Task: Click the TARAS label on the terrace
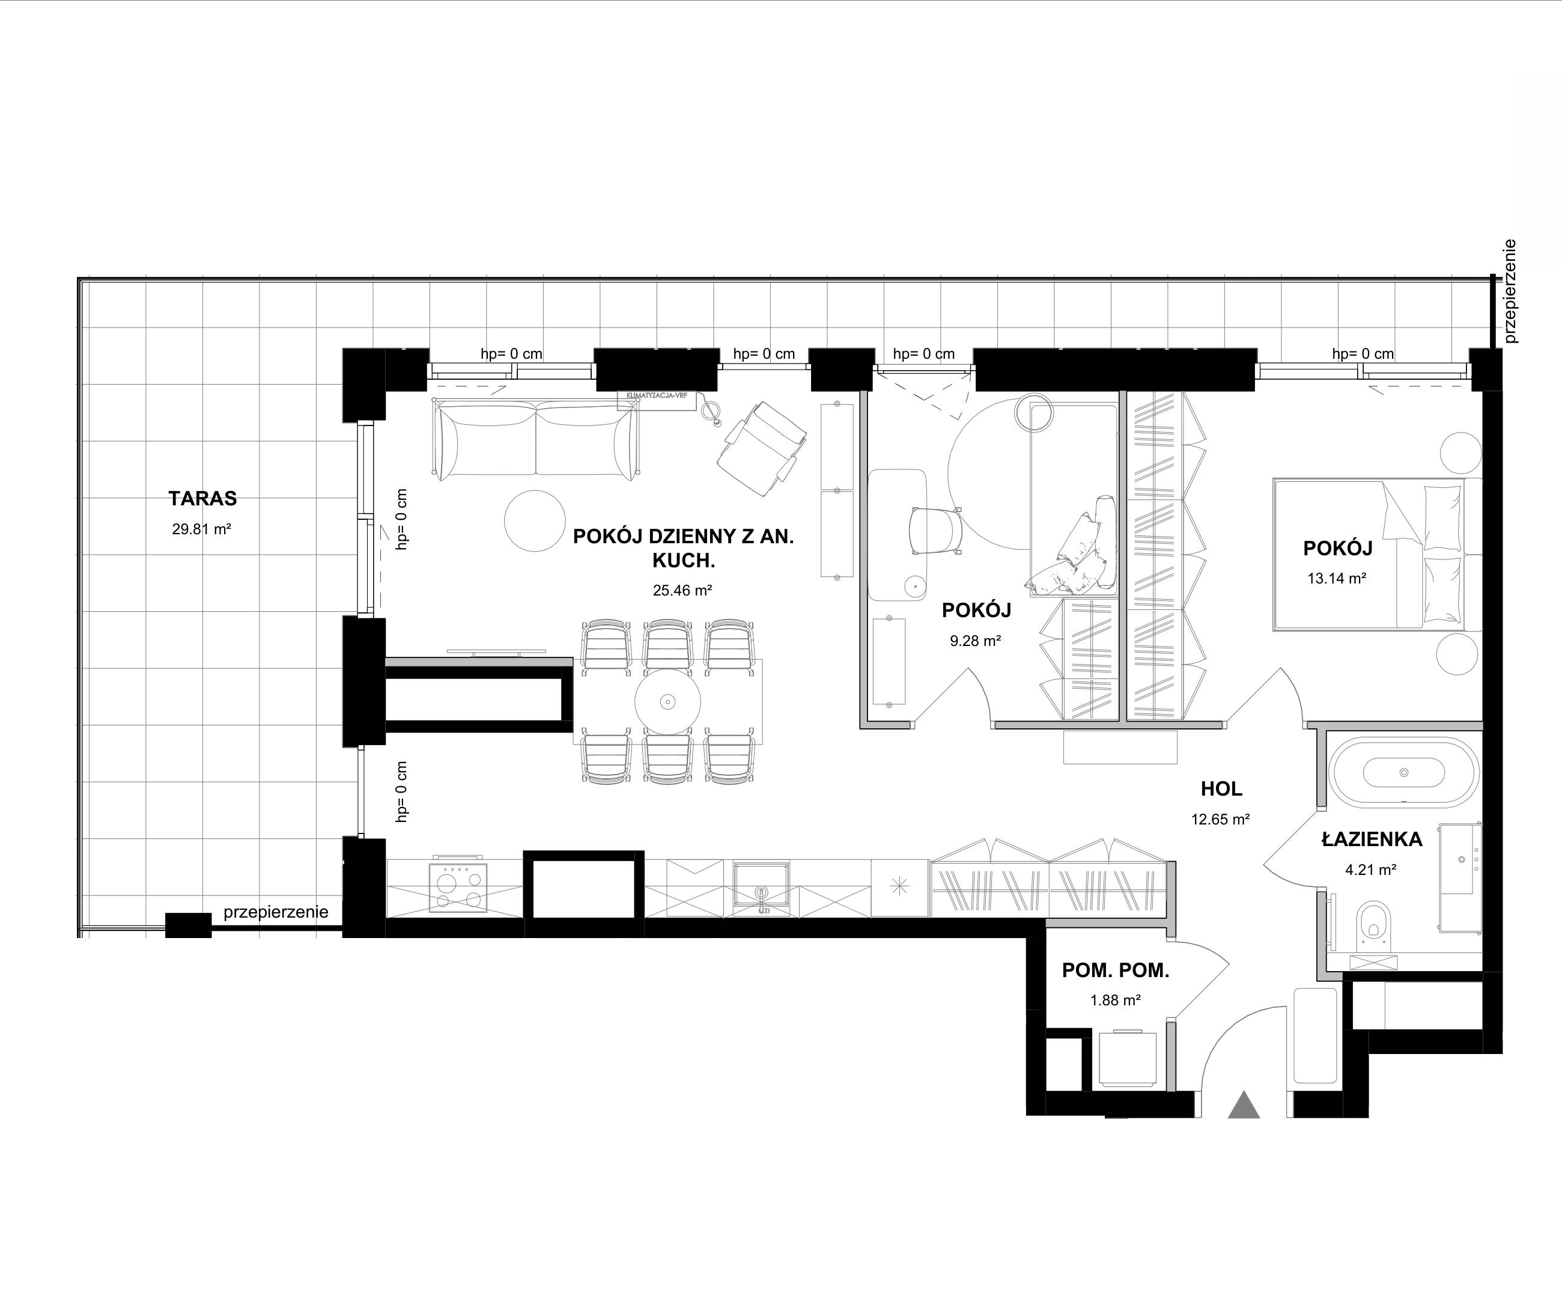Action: coord(202,498)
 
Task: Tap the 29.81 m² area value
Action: coord(202,529)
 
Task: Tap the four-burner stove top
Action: coord(458,888)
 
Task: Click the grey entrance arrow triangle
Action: coord(1244,1105)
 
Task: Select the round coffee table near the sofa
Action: coord(535,520)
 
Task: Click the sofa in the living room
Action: coord(535,439)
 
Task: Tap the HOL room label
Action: coord(1221,788)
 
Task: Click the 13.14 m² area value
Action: coord(1337,578)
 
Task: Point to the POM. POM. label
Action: coord(1116,970)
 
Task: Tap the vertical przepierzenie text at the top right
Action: coord(1509,291)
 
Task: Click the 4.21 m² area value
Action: coord(1371,869)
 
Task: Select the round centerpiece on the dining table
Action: coord(668,701)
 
